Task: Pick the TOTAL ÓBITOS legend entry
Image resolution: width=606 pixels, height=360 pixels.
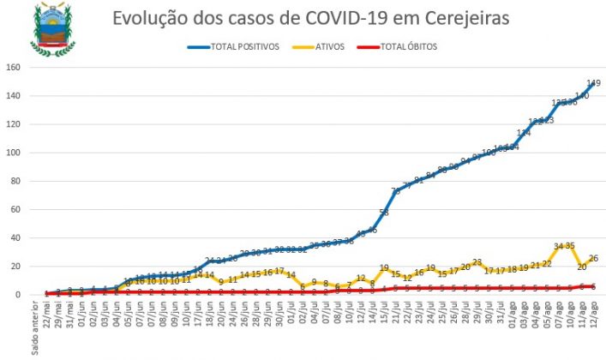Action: click(408, 47)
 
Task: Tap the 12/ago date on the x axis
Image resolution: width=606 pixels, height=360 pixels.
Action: click(594, 315)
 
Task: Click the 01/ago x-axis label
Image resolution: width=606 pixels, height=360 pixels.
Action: click(513, 315)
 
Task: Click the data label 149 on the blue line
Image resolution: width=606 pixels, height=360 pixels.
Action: click(593, 83)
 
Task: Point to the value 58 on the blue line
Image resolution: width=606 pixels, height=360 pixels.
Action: click(384, 212)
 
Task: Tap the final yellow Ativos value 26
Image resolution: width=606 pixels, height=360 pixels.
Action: click(594, 258)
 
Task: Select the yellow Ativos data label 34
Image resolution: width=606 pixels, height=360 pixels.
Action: click(559, 247)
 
